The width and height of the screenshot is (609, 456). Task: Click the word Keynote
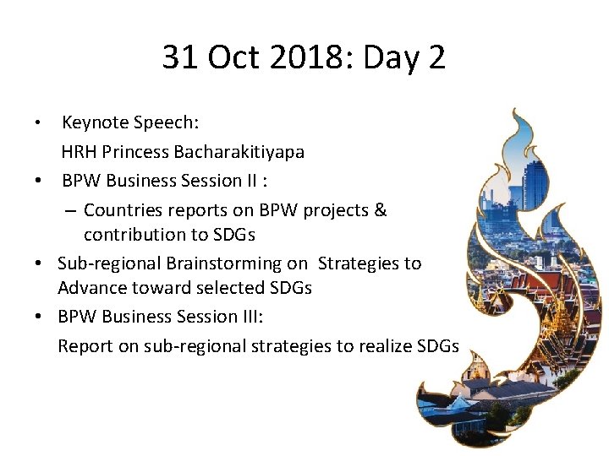[95, 123]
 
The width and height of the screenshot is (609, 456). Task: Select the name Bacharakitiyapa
[239, 152]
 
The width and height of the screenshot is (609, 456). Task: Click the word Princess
[135, 152]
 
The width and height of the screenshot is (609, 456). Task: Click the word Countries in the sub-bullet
[121, 209]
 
